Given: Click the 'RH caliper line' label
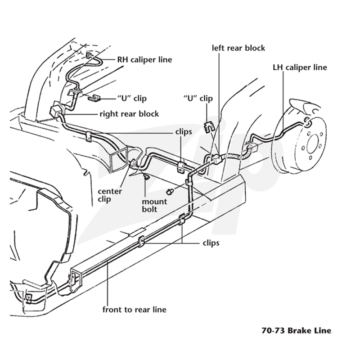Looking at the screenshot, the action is pyautogui.click(x=144, y=60).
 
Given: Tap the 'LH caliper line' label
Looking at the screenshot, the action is pyautogui.click(x=300, y=67).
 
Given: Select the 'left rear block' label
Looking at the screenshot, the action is pyautogui.click(x=238, y=48).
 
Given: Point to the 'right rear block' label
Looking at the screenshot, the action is pyautogui.click(x=129, y=114).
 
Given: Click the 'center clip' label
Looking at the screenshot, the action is pyautogui.click(x=110, y=195).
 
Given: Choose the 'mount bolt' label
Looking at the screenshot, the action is pyautogui.click(x=154, y=205).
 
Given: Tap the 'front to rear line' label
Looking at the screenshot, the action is pyautogui.click(x=134, y=310).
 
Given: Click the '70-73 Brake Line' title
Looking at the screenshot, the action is pyautogui.click(x=297, y=330).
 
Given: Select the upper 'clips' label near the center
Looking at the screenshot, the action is pyautogui.click(x=184, y=132).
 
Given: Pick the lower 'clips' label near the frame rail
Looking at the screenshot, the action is pyautogui.click(x=211, y=243).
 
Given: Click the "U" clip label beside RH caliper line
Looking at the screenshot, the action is pyautogui.click(x=132, y=99).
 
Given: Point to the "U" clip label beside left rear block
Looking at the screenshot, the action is pyautogui.click(x=198, y=99).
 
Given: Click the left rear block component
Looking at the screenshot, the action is pyautogui.click(x=216, y=158).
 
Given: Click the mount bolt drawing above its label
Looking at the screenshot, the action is pyautogui.click(x=146, y=177).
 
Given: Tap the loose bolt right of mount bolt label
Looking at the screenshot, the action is pyautogui.click(x=171, y=191).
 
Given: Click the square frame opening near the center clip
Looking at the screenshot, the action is pyautogui.click(x=119, y=160).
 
